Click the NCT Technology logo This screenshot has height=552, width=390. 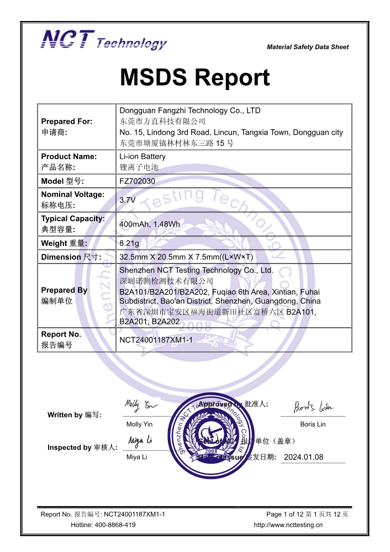pos(104,40)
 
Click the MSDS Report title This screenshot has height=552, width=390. pos(194,78)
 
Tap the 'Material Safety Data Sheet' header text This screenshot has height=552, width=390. pos(308,48)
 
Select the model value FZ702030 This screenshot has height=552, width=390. pos(138,181)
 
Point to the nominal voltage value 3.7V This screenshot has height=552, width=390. pos(128,200)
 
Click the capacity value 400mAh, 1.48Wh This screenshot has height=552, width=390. pos(149,224)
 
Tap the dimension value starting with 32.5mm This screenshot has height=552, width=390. pos(186,257)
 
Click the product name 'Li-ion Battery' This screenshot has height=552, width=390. pos(143,156)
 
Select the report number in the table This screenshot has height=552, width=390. pos(156,340)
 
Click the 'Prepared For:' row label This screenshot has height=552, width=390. pos(67,122)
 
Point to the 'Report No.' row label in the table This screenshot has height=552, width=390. pos(61,334)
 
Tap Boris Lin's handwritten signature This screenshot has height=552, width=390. pos(313,408)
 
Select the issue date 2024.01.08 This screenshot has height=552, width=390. pos(303,457)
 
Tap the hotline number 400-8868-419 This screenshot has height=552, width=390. pos(115,525)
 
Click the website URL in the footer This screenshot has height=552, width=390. pos(288,525)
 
